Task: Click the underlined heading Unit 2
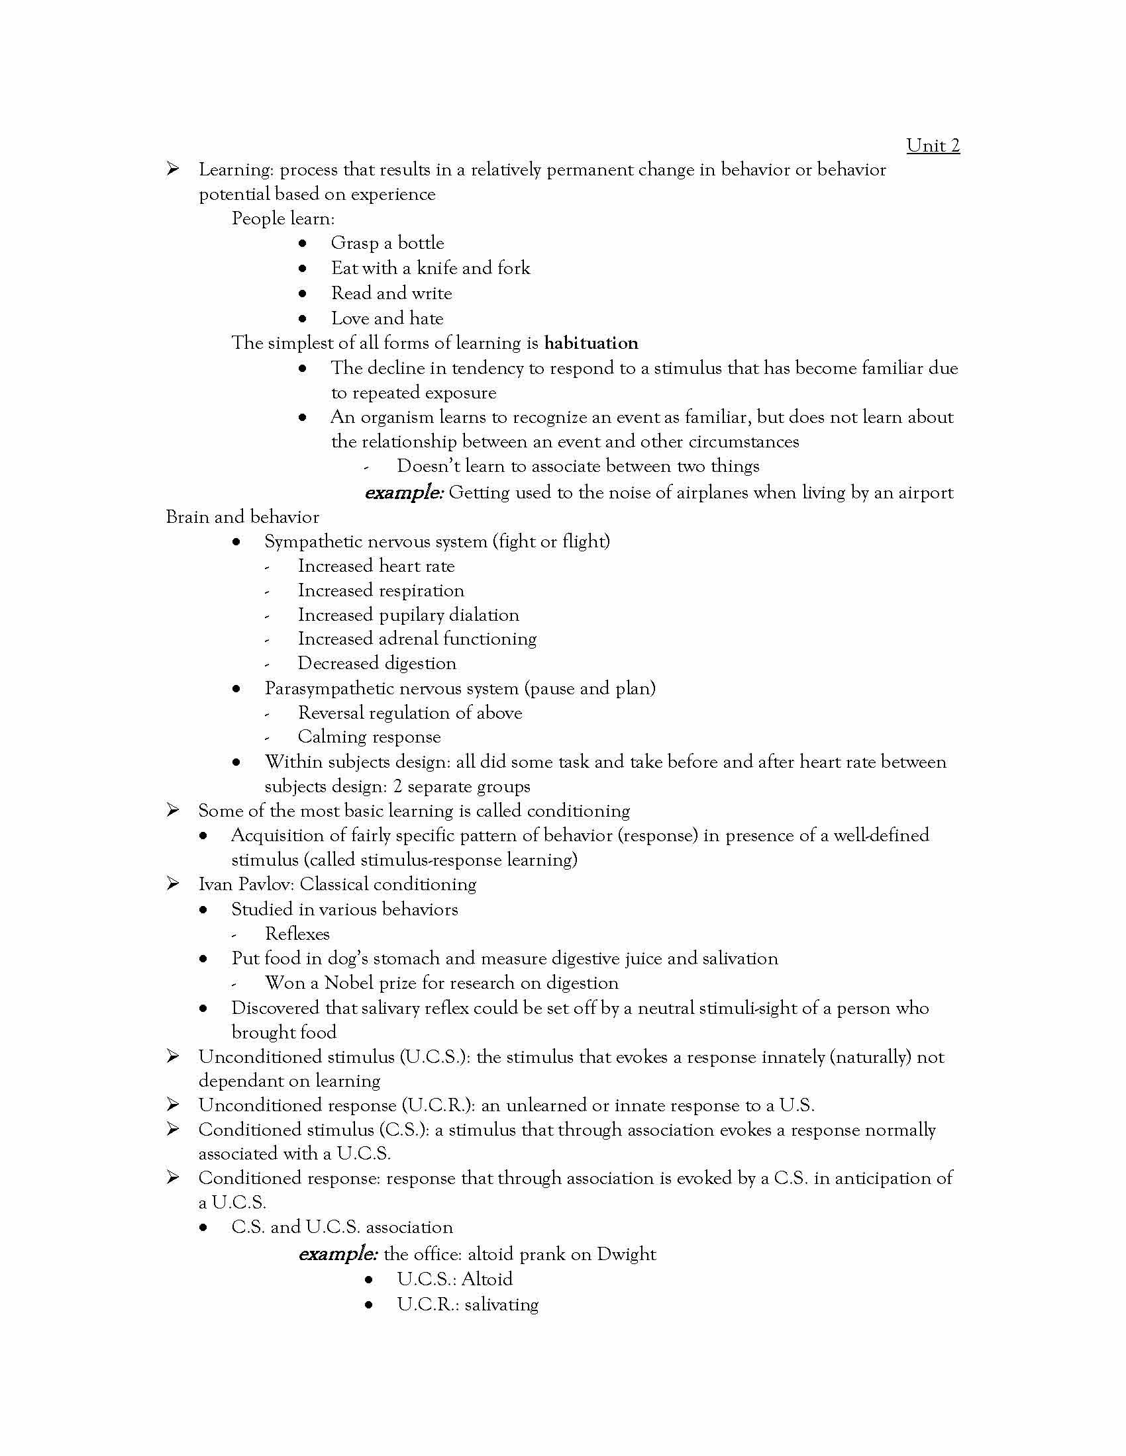(x=932, y=146)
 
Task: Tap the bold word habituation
(x=590, y=343)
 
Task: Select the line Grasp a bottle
(x=387, y=243)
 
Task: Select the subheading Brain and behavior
(x=242, y=517)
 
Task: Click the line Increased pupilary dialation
(x=407, y=615)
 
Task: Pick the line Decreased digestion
(x=377, y=663)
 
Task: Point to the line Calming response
(x=369, y=737)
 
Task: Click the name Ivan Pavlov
(x=245, y=884)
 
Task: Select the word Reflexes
(x=297, y=933)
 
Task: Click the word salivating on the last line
(x=501, y=1304)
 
